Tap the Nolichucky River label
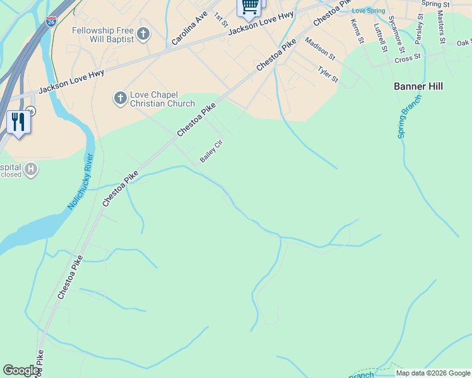[x=79, y=182]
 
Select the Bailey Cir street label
[x=211, y=152]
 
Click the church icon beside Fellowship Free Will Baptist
[x=143, y=34]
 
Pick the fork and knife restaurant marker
[x=17, y=122]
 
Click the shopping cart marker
[x=249, y=7]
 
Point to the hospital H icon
[x=30, y=169]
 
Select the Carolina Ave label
[x=189, y=28]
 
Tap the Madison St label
[x=321, y=49]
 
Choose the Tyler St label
[x=328, y=75]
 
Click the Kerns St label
[x=357, y=31]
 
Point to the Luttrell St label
[x=379, y=37]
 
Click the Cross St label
[x=407, y=59]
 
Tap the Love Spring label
[x=368, y=11]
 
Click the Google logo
[x=21, y=370]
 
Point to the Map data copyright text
[x=433, y=373]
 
